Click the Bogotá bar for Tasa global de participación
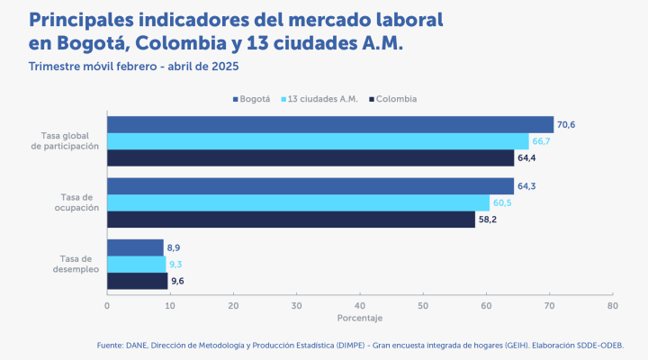(x=329, y=125)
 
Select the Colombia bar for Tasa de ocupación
(x=291, y=220)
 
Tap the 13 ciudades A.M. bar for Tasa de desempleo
(x=136, y=264)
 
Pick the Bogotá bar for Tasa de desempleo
(x=135, y=247)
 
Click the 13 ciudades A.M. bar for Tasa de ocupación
(x=298, y=202)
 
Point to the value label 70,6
(x=567, y=125)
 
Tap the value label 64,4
(x=527, y=158)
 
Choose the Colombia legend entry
(x=395, y=98)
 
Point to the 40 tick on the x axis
(x=359, y=306)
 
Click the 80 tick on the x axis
(x=612, y=306)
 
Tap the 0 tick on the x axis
(x=107, y=306)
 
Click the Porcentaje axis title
(x=359, y=319)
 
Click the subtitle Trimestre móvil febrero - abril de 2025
(x=133, y=66)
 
